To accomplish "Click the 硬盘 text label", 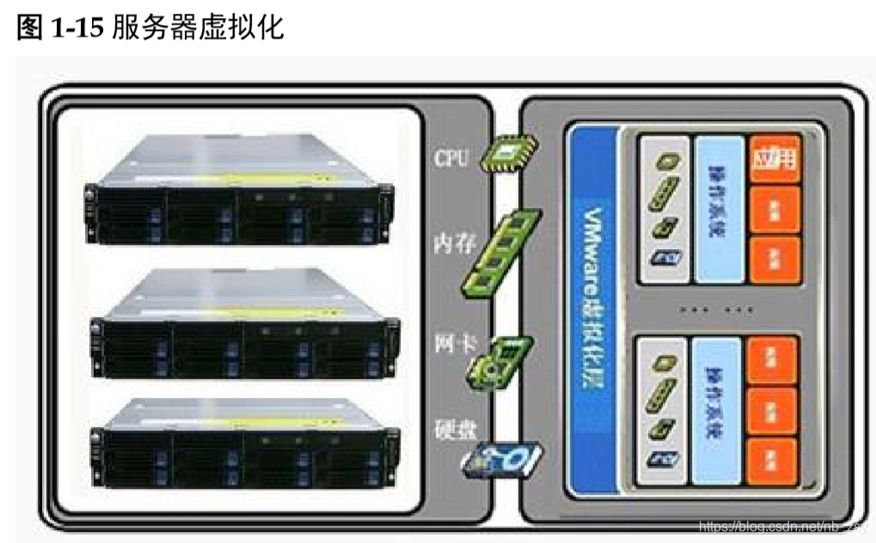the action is click(452, 429).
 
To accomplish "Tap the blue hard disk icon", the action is click(503, 460).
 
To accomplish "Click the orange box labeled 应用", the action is click(775, 160).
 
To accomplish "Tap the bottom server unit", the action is click(244, 442).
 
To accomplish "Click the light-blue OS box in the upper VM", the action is click(718, 208).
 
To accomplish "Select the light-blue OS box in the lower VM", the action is click(718, 411).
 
